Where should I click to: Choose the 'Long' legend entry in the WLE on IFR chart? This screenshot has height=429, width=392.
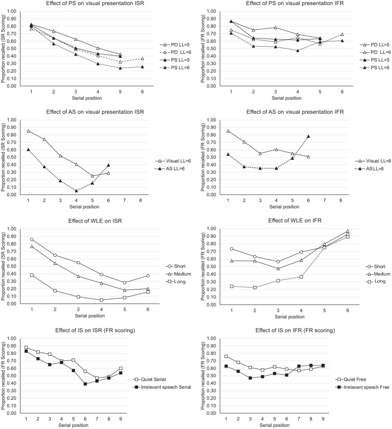tap(366, 268)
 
